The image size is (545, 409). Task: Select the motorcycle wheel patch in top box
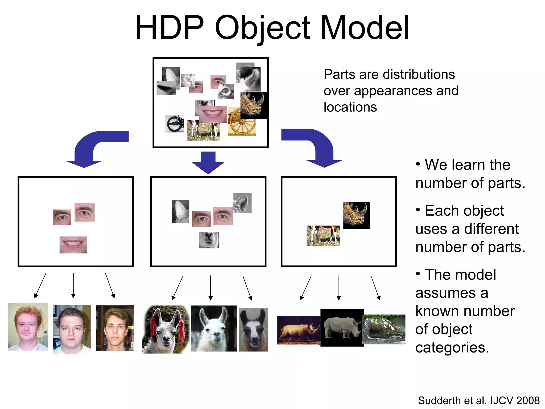click(175, 124)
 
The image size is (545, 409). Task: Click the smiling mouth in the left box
click(73, 245)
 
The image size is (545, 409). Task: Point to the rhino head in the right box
click(356, 215)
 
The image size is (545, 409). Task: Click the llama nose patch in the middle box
click(209, 240)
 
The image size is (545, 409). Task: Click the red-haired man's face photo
click(28, 327)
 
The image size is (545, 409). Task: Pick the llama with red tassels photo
click(166, 329)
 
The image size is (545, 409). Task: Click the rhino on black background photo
click(342, 328)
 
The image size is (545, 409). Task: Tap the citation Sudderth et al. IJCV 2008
click(478, 400)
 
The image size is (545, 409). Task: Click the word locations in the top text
click(350, 107)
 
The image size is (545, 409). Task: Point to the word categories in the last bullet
click(452, 347)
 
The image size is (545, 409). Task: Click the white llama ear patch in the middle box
click(180, 211)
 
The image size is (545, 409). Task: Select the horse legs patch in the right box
click(323, 236)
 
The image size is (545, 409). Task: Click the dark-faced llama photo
click(253, 330)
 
